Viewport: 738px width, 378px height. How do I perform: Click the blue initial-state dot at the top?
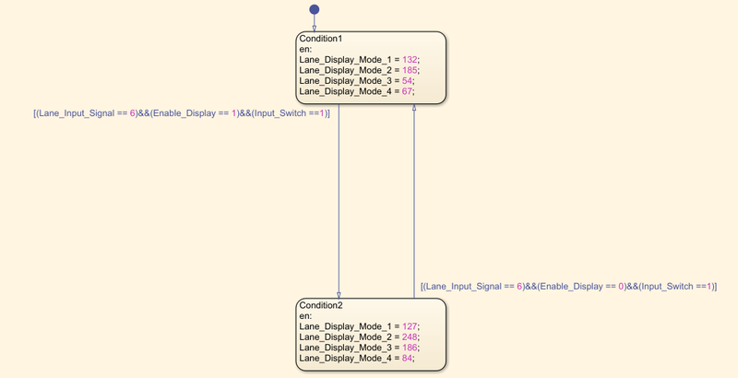tap(315, 9)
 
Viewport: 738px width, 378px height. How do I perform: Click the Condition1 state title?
tap(320, 39)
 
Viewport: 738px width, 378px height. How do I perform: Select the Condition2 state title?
tap(321, 305)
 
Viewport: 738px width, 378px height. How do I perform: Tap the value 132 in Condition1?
tap(410, 60)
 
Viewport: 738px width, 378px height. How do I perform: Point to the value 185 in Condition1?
tap(410, 70)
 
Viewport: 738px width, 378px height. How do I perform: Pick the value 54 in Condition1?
tap(407, 81)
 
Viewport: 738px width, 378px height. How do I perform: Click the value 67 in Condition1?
tap(407, 91)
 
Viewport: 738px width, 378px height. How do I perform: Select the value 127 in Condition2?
tap(410, 326)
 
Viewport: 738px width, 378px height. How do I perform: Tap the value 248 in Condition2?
tap(410, 337)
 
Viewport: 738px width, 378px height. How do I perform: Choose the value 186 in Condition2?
tap(410, 348)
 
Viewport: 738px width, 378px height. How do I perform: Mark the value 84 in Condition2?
tap(407, 359)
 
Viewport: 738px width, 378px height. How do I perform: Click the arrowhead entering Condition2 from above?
tap(339, 295)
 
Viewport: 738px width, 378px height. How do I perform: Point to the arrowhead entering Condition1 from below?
tap(414, 107)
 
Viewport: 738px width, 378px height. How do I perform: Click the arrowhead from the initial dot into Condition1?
tap(315, 29)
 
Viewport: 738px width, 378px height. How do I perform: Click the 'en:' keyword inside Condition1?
tap(305, 50)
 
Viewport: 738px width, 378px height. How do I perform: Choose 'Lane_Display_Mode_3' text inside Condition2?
tap(345, 348)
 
